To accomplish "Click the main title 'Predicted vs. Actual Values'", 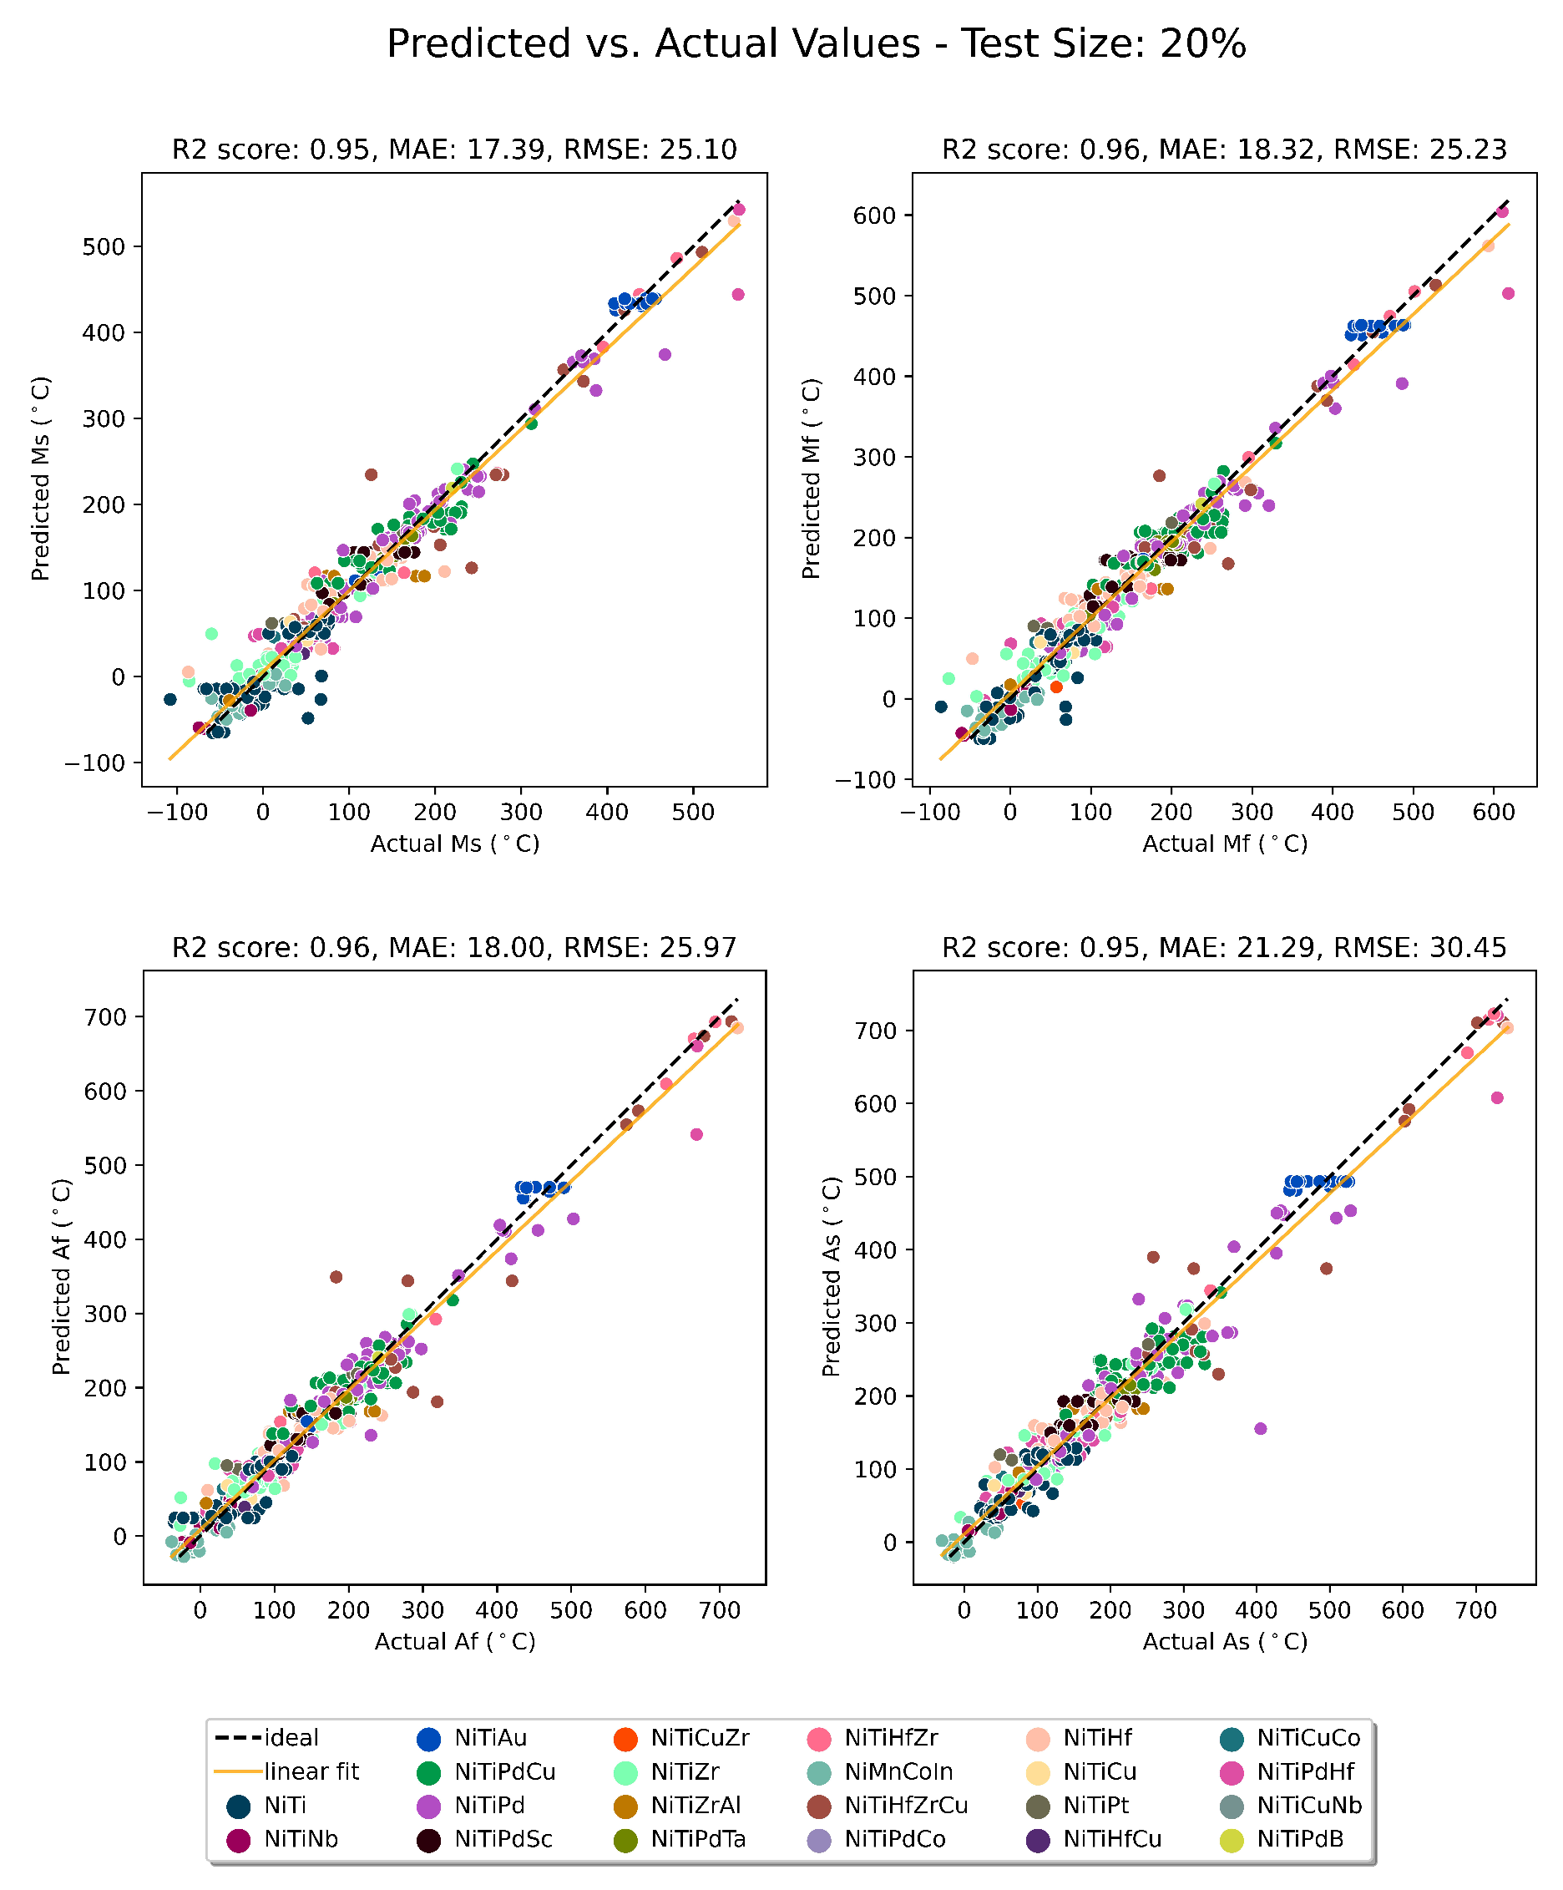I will (815, 43).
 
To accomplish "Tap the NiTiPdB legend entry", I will (1299, 1840).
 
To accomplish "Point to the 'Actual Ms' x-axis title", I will (454, 844).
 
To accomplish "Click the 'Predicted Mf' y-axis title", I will (811, 478).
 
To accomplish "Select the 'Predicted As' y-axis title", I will (832, 1276).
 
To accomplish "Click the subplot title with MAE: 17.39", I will (454, 149).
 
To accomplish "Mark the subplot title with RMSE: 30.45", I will (1224, 948).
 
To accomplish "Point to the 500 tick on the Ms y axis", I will (104, 246).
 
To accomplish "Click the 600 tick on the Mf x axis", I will (1493, 813).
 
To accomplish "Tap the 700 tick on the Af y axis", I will (106, 1017).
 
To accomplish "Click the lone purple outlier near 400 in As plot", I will (1260, 1429).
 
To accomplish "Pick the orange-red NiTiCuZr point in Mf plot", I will (1055, 687).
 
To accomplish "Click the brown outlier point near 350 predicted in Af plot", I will (336, 1277).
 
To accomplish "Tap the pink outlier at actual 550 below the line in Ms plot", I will (738, 294).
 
